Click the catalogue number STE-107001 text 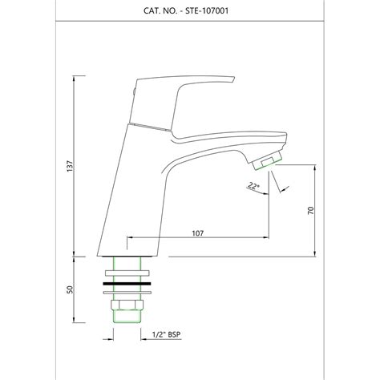coord(207,11)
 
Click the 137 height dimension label coord(70,166)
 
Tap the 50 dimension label coord(70,289)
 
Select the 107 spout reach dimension coord(198,233)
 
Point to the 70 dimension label coord(311,211)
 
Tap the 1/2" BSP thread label coord(166,334)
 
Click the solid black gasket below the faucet coord(127,283)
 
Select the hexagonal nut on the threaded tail coord(127,305)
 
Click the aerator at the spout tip coord(268,161)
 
